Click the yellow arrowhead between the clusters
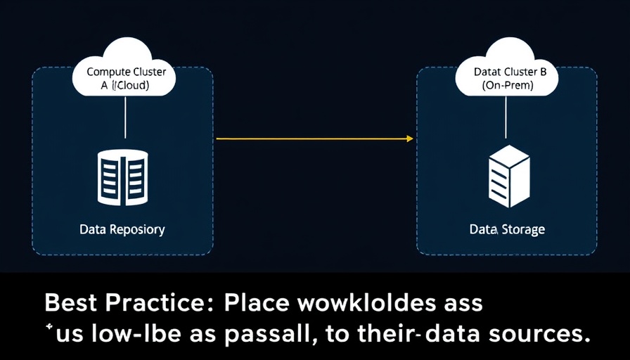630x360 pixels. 410,139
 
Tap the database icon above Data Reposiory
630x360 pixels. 123,176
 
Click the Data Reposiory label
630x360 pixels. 122,229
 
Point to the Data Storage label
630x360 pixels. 507,230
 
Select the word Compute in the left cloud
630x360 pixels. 106,72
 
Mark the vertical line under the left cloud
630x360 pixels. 125,117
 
